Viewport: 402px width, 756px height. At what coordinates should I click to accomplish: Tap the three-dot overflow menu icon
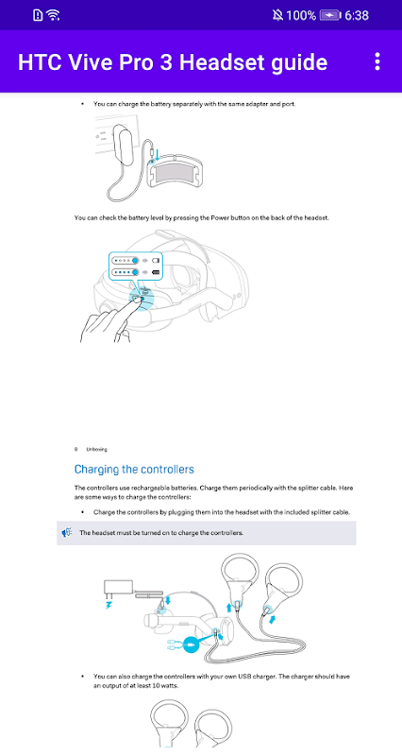377,61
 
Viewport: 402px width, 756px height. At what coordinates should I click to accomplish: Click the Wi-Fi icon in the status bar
54,15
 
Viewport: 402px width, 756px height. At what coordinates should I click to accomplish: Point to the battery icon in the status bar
330,15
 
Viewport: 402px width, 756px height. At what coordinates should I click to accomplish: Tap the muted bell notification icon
277,15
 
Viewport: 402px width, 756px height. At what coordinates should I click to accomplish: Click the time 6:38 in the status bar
357,15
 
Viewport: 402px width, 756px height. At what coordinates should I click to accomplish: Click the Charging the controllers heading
134,469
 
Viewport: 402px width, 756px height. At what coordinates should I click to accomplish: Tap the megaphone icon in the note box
67,533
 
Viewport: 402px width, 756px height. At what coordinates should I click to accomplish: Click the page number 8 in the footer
76,450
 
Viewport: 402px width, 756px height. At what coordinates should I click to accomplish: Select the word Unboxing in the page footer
97,450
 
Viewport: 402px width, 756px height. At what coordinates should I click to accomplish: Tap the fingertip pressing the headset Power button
136,300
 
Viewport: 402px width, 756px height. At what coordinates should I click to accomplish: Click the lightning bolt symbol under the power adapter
109,604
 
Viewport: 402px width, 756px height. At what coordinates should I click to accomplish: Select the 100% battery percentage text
301,15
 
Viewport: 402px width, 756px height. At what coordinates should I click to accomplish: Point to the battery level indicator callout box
136,266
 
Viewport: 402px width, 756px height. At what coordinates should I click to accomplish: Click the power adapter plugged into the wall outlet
124,143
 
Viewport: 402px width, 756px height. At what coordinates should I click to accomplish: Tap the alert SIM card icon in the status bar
38,15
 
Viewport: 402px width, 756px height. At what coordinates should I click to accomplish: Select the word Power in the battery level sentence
219,218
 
